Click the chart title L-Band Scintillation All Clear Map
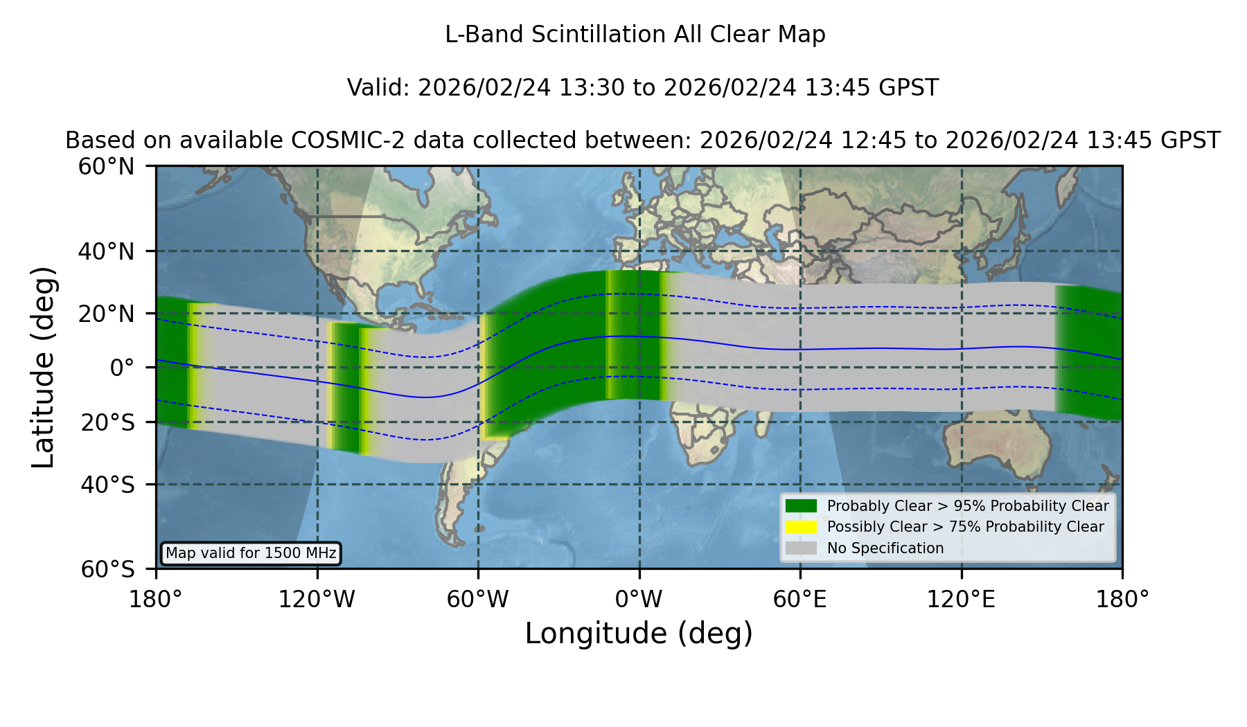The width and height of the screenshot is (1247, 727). (635, 35)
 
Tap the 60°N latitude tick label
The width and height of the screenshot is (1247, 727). (106, 167)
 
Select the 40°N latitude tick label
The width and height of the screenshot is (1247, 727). (106, 251)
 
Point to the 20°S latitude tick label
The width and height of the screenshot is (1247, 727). (108, 422)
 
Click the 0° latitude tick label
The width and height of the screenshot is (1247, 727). (122, 368)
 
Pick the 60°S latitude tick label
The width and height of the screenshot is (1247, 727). (108, 569)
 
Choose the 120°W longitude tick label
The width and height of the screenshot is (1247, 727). (317, 599)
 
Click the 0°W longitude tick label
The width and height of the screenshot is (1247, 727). (639, 599)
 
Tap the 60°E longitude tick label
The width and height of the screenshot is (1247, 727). (800, 599)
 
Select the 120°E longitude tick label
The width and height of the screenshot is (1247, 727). (961, 599)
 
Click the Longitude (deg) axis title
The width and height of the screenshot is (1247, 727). (639, 634)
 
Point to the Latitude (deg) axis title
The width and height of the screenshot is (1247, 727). (44, 367)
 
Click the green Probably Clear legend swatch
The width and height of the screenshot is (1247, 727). (802, 505)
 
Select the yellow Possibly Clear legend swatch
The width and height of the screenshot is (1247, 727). (802, 527)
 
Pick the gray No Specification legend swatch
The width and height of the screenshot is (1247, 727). (802, 548)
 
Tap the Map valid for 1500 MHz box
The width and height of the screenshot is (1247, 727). (251, 553)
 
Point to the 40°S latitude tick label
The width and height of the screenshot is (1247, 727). (108, 485)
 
